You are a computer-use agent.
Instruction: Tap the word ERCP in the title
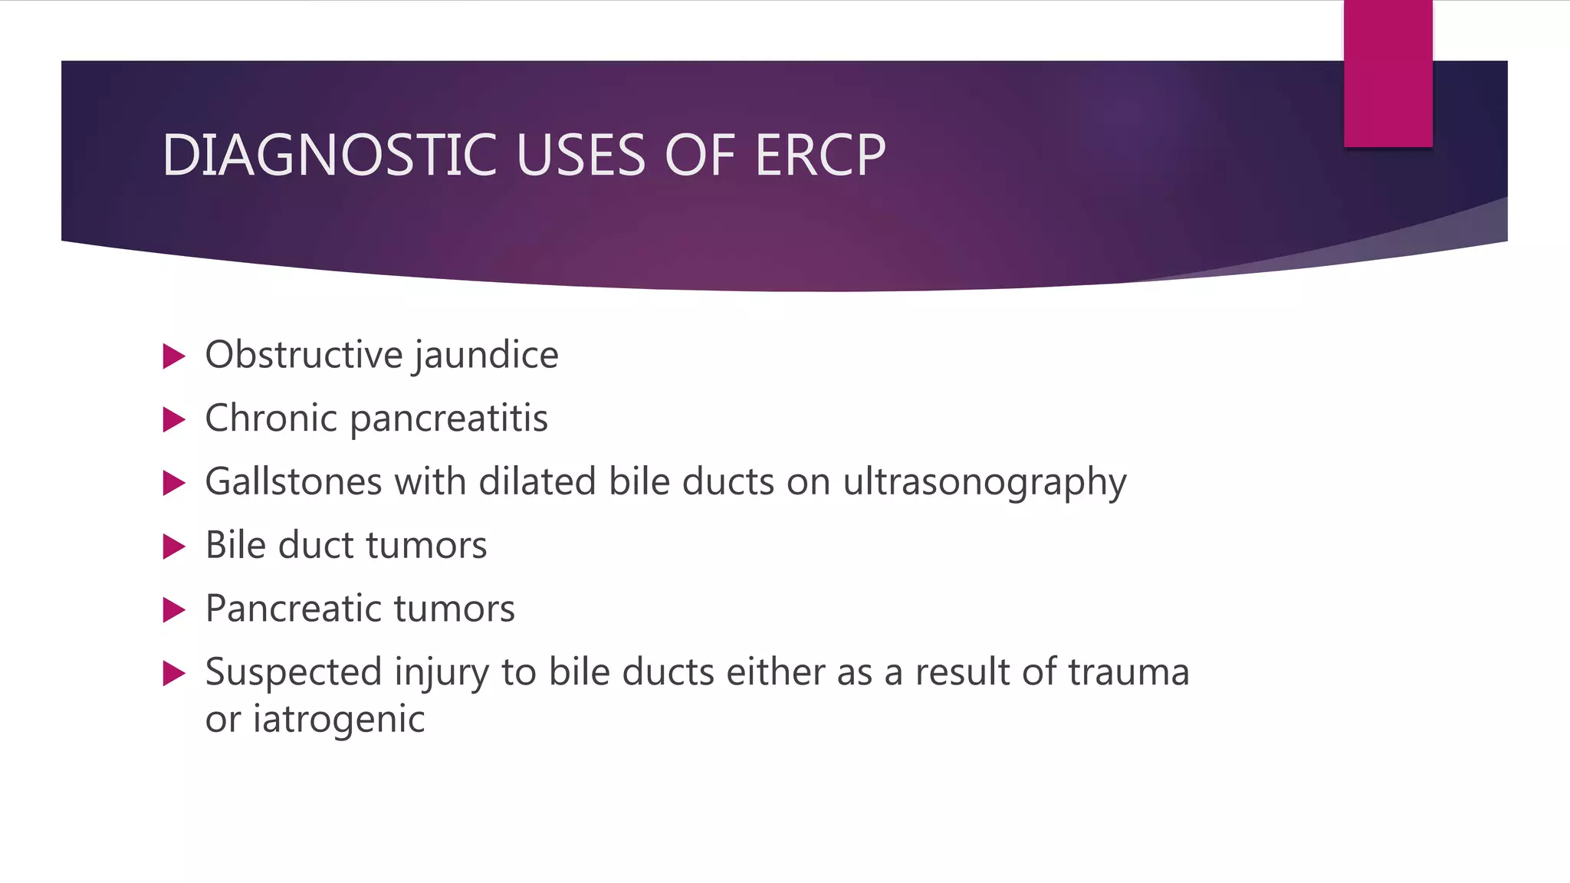[x=820, y=156]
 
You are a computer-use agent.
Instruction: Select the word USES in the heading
[x=581, y=156]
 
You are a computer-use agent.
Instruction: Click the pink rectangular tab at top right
[x=1388, y=74]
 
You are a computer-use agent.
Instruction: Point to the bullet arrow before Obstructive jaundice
[x=174, y=356]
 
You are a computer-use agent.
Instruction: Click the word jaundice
[x=487, y=356]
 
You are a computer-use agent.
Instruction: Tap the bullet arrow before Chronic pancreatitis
[x=174, y=420]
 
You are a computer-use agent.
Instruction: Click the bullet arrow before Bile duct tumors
[x=174, y=547]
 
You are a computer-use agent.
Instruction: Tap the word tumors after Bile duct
[x=426, y=546]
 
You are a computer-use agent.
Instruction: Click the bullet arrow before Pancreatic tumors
[x=174, y=611]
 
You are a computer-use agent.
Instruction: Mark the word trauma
[x=1128, y=673]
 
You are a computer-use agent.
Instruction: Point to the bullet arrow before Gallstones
[x=174, y=484]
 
